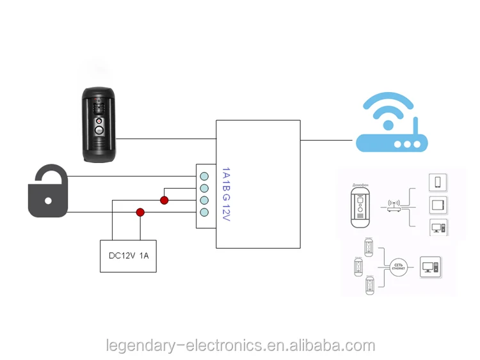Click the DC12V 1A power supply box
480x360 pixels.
pos(128,256)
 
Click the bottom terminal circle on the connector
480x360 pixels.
pos(205,212)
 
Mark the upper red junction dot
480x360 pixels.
pos(164,200)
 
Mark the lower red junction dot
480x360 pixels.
pos(140,212)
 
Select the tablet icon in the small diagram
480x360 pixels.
pos(438,206)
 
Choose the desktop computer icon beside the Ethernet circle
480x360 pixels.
pos(429,265)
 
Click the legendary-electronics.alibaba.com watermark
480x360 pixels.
pos(240,345)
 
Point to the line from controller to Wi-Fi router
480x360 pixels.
pos(326,139)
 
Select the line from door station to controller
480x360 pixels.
pos(166,137)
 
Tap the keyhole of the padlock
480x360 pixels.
pos(48,200)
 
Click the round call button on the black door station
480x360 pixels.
pos(99,130)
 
